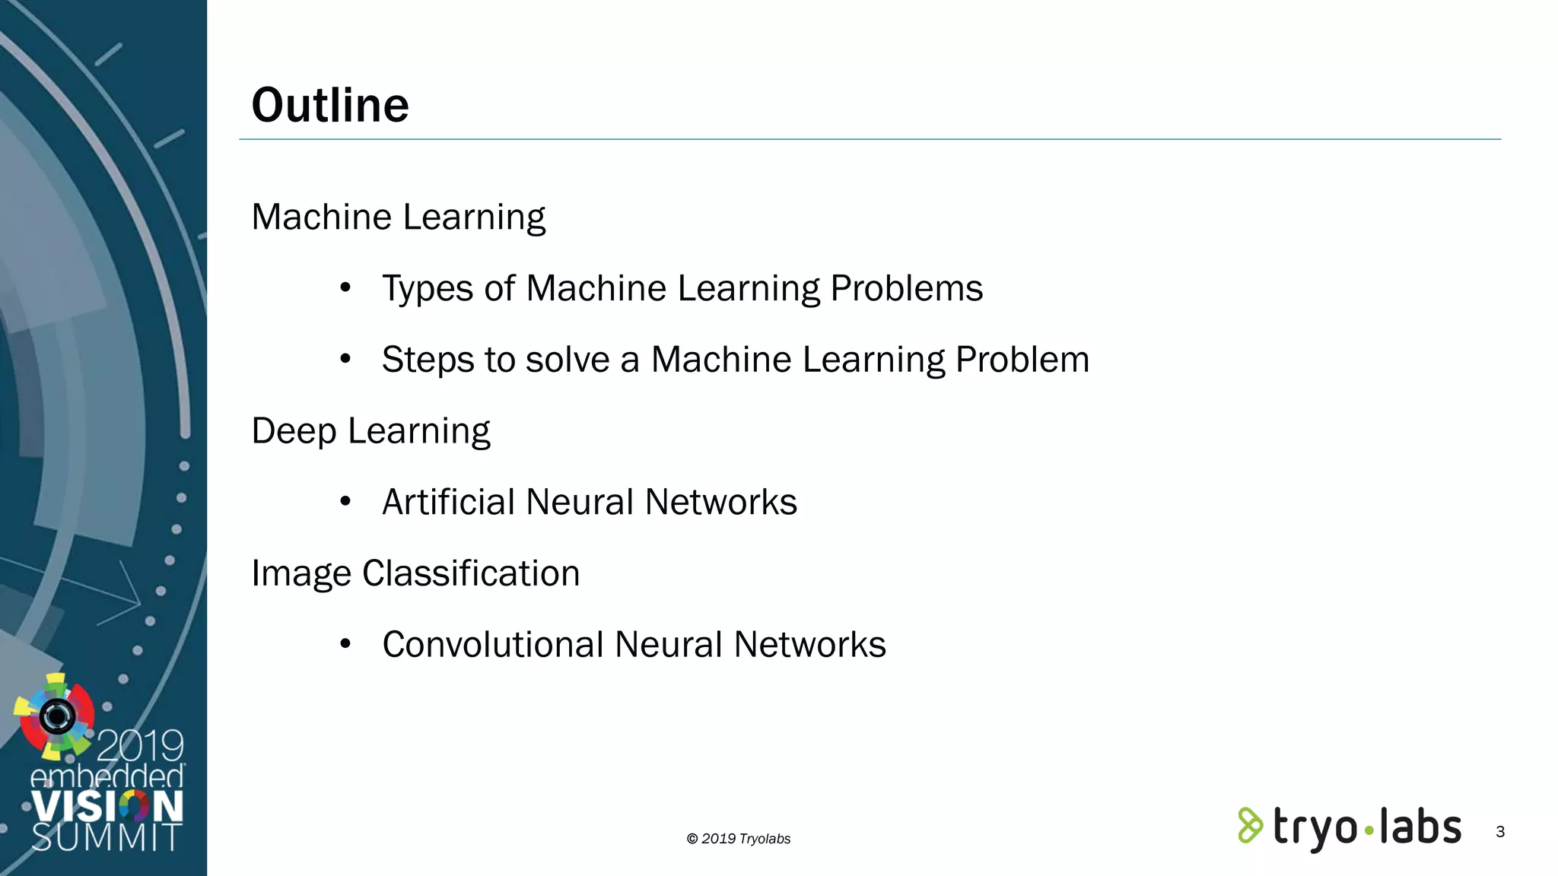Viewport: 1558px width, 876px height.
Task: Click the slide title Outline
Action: click(x=330, y=105)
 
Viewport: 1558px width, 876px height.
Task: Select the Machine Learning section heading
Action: click(x=398, y=217)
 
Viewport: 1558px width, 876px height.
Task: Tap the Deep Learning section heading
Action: click(x=370, y=431)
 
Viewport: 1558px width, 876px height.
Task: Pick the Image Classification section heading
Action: click(x=415, y=573)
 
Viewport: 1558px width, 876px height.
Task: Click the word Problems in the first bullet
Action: click(x=906, y=289)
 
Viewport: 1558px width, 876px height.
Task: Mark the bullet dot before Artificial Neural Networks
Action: click(x=345, y=501)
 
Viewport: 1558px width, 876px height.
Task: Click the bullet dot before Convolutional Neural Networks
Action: click(x=345, y=644)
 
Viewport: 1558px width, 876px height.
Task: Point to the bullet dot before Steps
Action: click(x=345, y=359)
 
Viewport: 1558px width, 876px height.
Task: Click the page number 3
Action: click(x=1500, y=832)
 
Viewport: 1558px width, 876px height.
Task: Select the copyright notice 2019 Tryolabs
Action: click(x=739, y=839)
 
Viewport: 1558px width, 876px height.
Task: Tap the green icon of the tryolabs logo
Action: click(x=1250, y=826)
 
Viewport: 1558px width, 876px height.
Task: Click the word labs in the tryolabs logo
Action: click(x=1420, y=827)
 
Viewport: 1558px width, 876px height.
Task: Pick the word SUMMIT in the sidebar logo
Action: click(x=107, y=838)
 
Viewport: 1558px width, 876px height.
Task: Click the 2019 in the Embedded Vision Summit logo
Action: click(x=141, y=745)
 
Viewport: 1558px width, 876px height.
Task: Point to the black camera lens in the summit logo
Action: click(x=57, y=716)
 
